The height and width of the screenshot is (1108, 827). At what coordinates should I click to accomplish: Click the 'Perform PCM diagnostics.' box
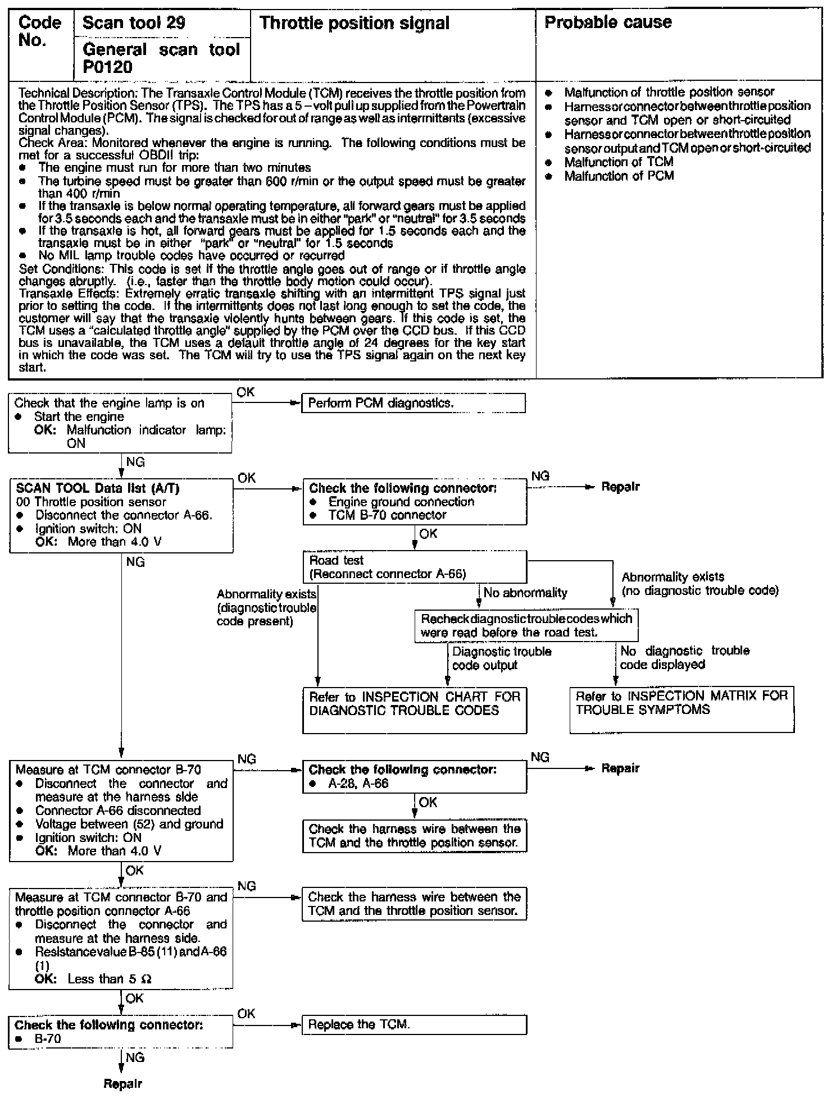point(413,403)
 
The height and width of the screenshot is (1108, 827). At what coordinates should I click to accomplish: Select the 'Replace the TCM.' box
point(414,1024)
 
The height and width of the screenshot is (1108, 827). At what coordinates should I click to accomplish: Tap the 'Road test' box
point(415,567)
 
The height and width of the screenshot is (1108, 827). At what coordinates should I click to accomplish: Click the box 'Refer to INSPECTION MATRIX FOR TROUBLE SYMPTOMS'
point(681,709)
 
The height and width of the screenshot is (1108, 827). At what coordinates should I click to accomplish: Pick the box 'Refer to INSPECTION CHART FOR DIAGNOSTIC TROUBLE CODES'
point(415,710)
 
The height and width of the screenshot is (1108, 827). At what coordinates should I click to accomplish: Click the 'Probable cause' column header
point(608,22)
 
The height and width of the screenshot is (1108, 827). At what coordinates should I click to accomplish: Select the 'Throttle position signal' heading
point(355,23)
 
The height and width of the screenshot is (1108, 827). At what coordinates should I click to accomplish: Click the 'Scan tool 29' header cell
point(134,22)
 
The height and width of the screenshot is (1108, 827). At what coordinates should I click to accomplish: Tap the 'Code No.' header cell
point(39,31)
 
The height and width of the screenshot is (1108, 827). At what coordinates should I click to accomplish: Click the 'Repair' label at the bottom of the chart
point(122,1084)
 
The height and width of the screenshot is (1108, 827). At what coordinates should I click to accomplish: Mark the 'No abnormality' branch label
point(525,593)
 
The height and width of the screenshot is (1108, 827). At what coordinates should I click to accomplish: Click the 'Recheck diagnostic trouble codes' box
point(526,625)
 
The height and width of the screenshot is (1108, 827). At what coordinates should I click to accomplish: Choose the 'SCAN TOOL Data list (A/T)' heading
point(98,488)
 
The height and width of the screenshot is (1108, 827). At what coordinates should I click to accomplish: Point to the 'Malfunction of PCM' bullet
point(619,176)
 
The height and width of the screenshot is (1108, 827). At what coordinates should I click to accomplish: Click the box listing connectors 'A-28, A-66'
point(415,776)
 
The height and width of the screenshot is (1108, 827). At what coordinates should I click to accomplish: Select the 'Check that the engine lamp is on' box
point(120,423)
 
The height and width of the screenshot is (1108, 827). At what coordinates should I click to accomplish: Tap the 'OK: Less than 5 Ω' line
point(93,978)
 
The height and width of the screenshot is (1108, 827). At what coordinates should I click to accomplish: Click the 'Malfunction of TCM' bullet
point(619,162)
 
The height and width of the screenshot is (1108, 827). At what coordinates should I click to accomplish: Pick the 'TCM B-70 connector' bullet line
point(387,515)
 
